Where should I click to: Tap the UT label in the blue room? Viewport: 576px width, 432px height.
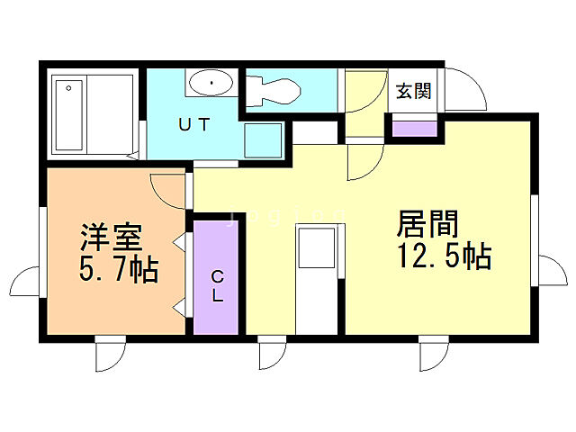tap(193, 125)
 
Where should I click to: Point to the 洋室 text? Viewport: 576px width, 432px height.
tap(112, 238)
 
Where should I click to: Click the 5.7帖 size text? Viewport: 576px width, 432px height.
tap(118, 268)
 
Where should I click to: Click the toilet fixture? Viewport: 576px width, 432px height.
tap(274, 88)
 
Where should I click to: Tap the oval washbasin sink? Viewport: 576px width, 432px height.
tap(211, 84)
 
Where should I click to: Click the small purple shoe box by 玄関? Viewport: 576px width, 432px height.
tap(413, 128)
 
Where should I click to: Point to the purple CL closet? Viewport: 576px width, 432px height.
tap(217, 274)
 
